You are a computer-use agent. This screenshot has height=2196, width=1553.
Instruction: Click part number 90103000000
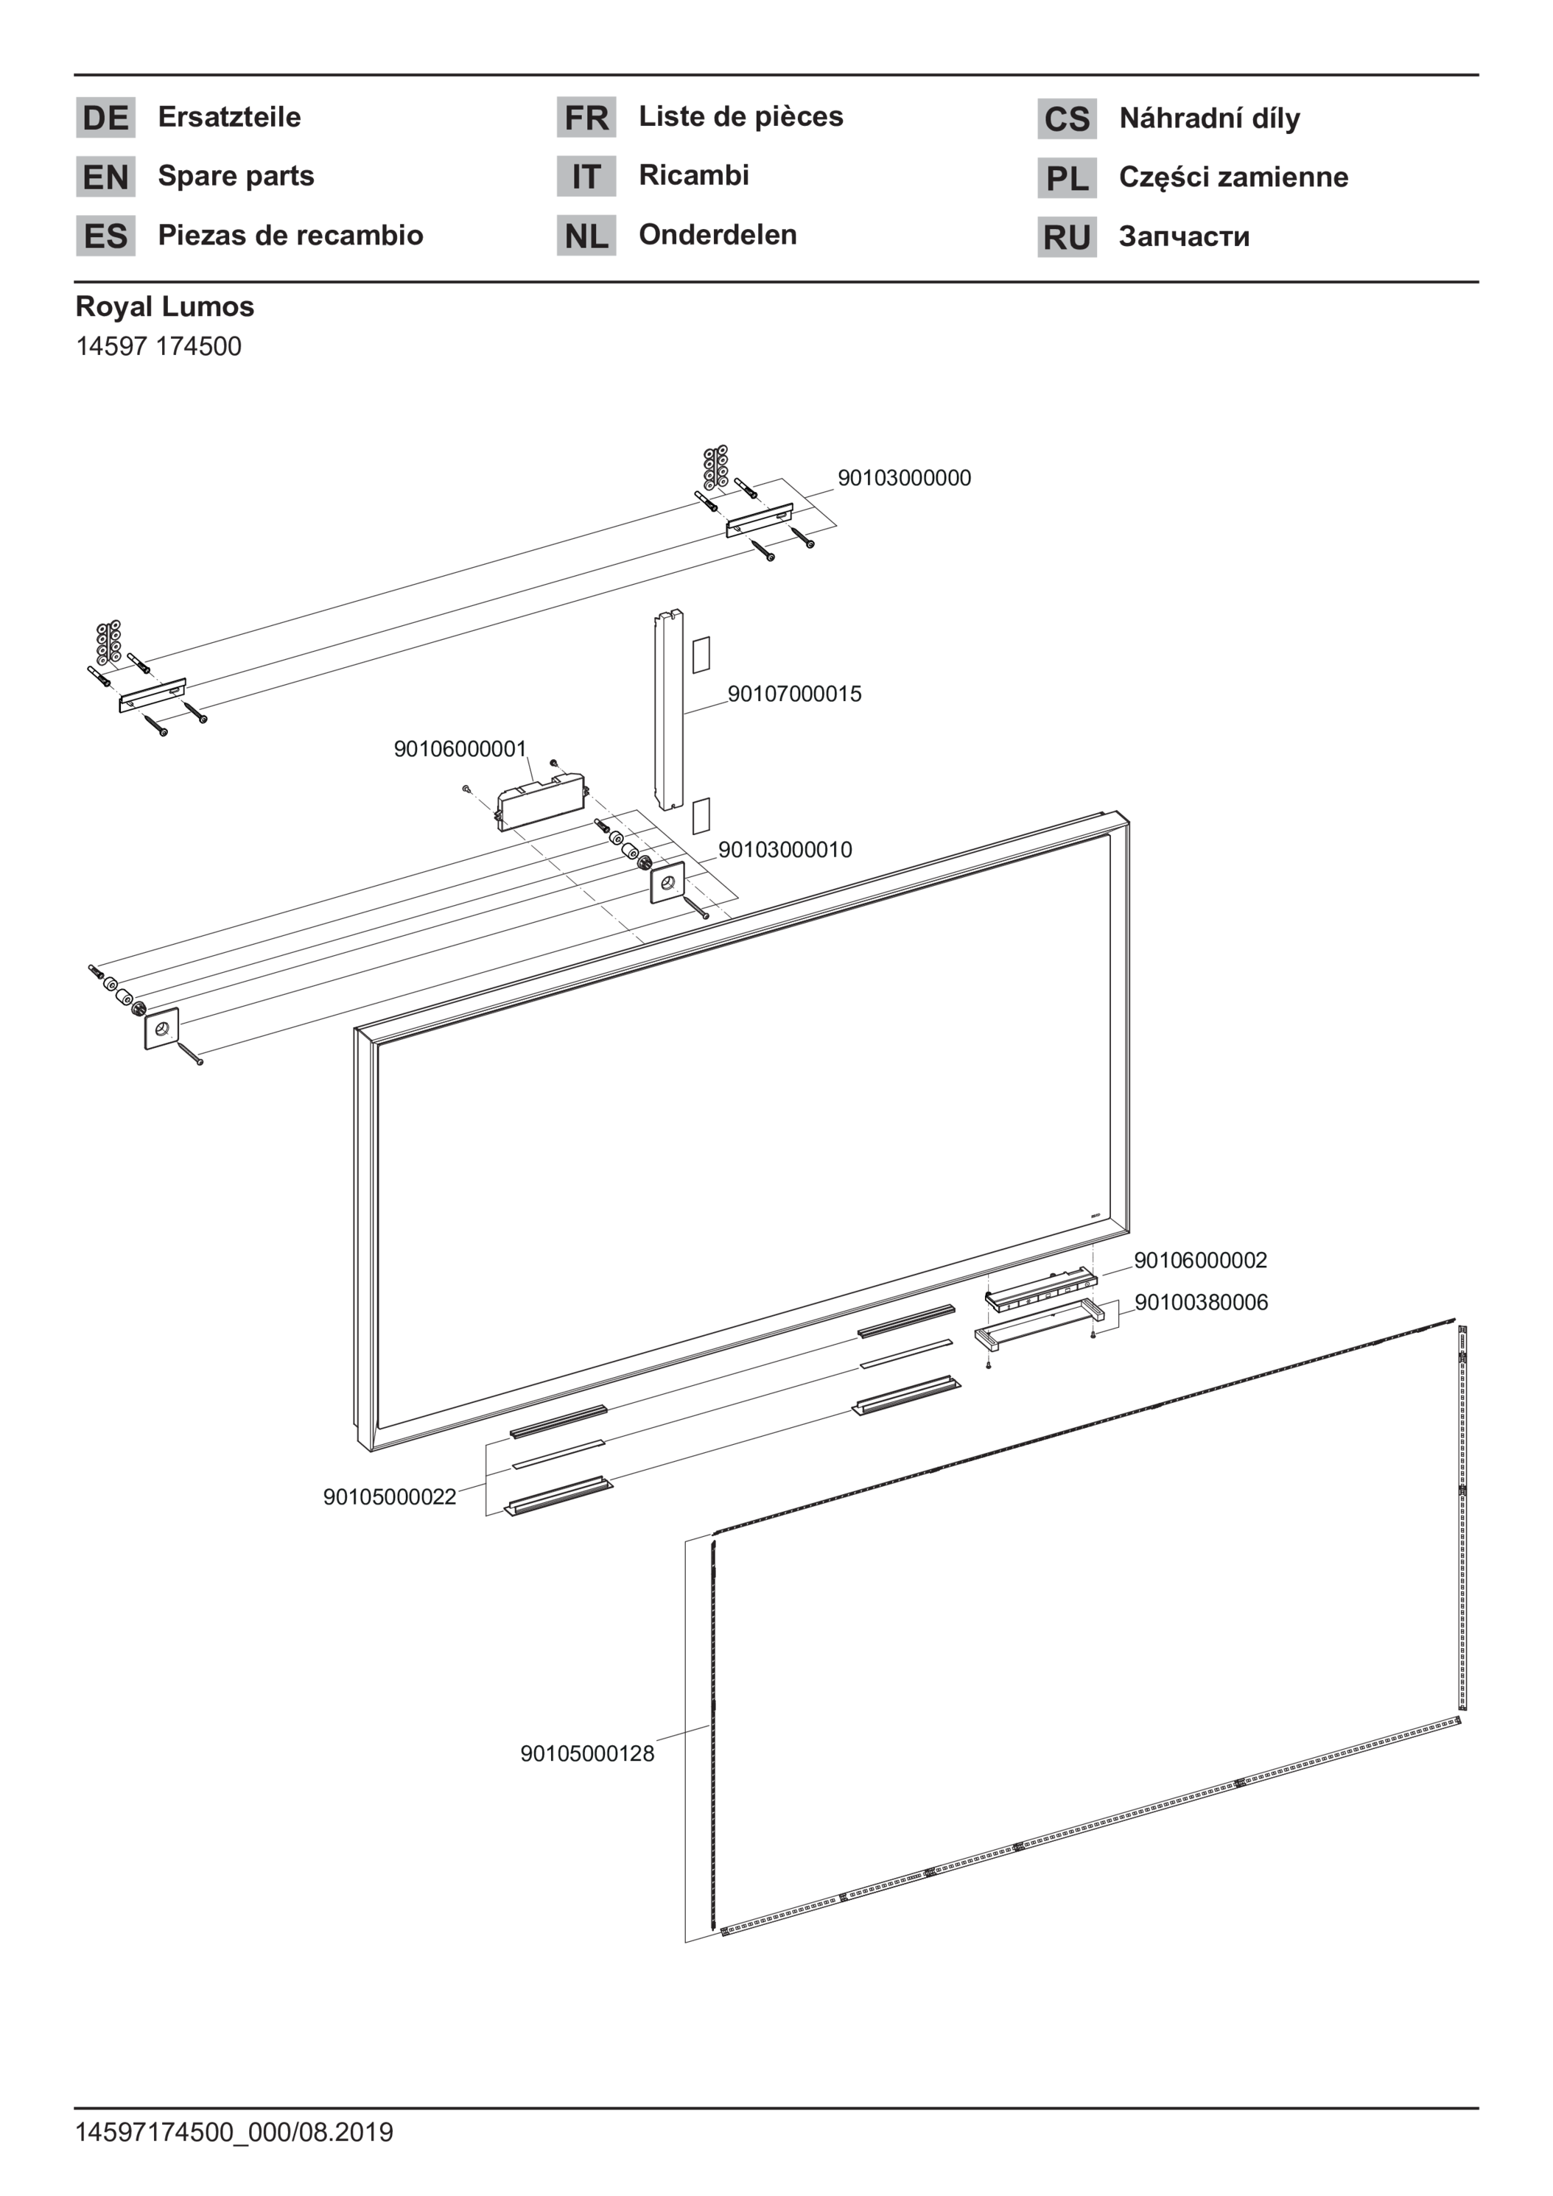904,478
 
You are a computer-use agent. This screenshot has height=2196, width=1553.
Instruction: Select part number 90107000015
794,694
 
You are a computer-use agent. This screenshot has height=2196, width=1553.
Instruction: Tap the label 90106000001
460,749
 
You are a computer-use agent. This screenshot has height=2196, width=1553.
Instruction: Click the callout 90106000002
1201,1261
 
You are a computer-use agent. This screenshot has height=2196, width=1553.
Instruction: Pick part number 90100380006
1201,1303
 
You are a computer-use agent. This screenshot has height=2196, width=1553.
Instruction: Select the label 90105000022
390,1498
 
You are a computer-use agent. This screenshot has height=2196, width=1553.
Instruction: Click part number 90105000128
587,1754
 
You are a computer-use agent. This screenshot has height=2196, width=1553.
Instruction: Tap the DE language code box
105,118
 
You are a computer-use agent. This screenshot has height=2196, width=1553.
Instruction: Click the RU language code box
1067,237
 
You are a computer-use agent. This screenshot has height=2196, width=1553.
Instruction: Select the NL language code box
586,236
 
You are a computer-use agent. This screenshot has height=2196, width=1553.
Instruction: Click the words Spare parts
236,177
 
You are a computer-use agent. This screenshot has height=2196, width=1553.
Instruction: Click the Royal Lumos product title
164,307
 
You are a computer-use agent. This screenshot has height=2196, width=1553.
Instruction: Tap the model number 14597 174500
159,346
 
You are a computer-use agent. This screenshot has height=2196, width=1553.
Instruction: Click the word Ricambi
694,176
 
